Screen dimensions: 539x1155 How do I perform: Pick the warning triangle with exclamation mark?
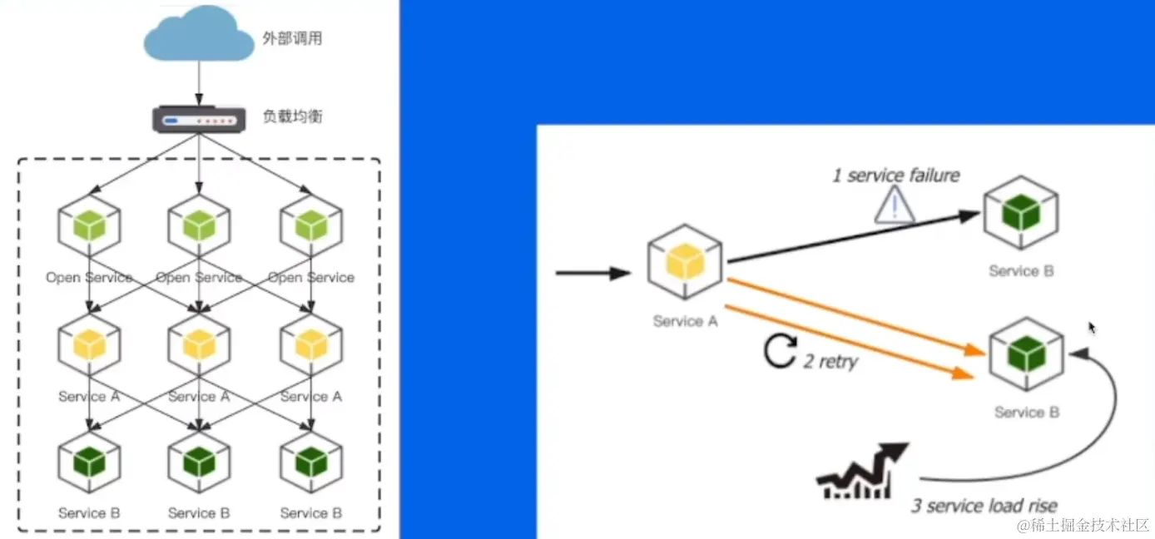point(895,205)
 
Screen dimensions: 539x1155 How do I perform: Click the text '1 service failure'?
point(896,175)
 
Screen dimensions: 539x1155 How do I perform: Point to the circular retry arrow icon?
point(781,352)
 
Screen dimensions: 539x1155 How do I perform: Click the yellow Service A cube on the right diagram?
point(685,262)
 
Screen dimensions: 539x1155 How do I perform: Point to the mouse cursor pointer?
point(1092,328)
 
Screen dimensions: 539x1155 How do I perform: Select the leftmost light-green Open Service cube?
point(89,225)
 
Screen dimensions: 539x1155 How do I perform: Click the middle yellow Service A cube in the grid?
point(199,344)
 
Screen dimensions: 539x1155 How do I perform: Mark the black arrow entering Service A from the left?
point(592,273)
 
